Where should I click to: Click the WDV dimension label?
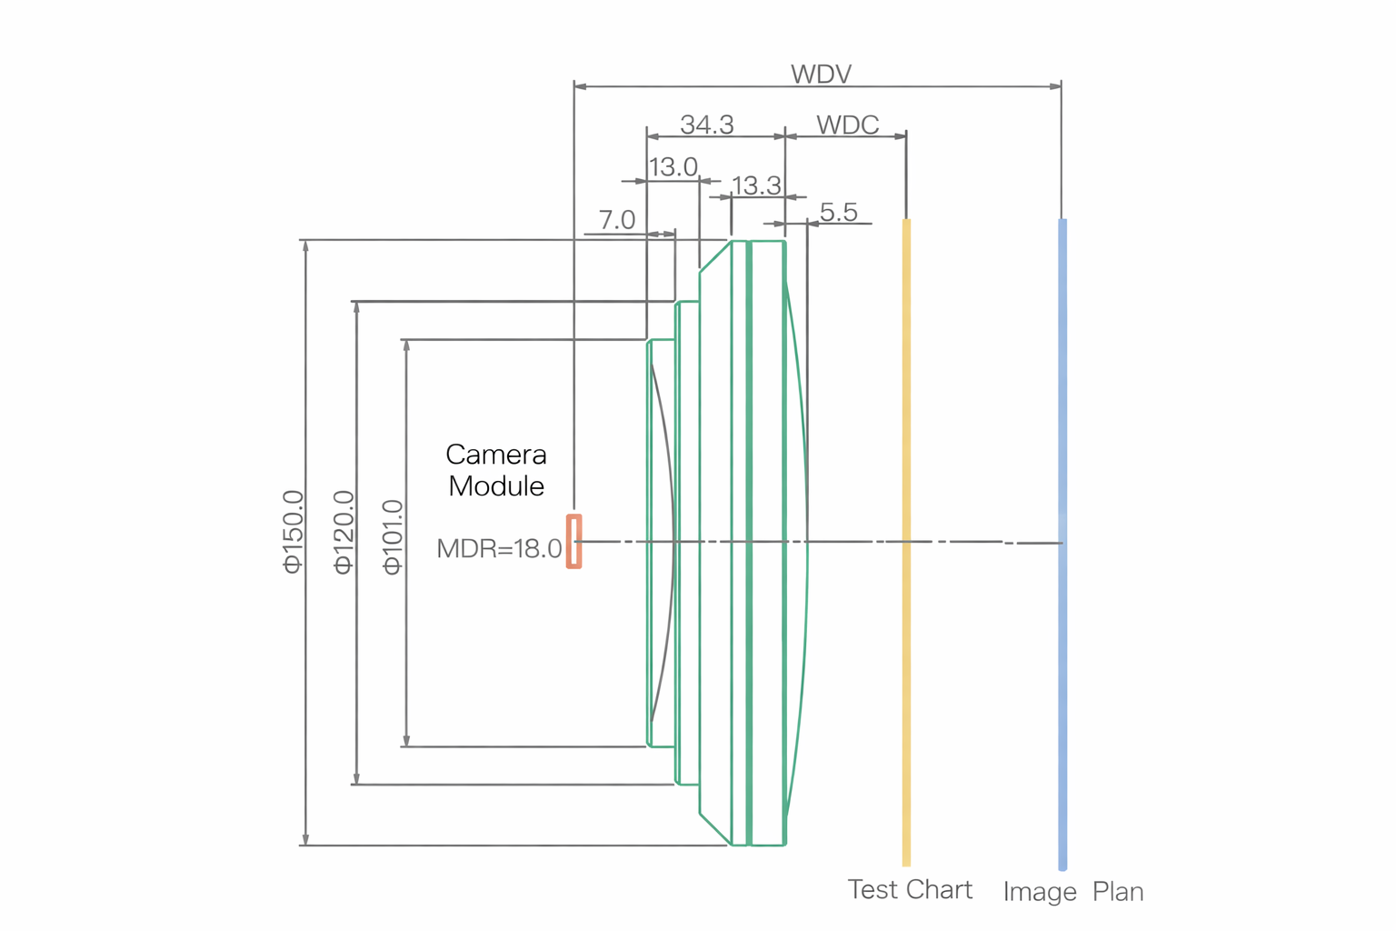(x=821, y=74)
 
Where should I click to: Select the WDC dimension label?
(x=847, y=125)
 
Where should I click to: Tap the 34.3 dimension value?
(x=707, y=125)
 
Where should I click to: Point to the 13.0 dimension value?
(x=673, y=167)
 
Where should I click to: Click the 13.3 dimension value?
(x=756, y=186)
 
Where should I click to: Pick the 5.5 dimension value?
(x=838, y=212)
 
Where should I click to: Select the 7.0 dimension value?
(x=616, y=220)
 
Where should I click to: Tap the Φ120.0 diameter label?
(x=344, y=532)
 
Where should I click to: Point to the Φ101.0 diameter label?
(x=393, y=536)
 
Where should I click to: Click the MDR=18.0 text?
(x=499, y=548)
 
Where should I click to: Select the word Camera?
(x=496, y=454)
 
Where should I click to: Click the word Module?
(x=496, y=486)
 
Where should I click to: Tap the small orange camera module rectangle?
(x=573, y=542)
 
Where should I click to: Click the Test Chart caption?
(x=910, y=889)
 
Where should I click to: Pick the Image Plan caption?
(x=1072, y=892)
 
